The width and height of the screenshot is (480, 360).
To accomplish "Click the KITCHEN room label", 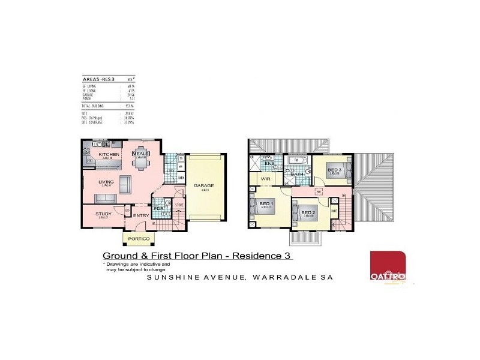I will [x=109, y=155].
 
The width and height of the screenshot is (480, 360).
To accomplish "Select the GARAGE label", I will [x=203, y=186].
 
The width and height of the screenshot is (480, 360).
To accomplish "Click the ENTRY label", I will [x=140, y=216].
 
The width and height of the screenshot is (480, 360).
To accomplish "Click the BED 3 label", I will [x=334, y=170].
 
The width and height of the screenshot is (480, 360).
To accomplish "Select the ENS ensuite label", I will [x=269, y=163].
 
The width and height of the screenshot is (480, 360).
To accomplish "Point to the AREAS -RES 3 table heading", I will [x=99, y=79].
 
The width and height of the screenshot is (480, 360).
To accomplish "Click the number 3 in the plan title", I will [x=289, y=256].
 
